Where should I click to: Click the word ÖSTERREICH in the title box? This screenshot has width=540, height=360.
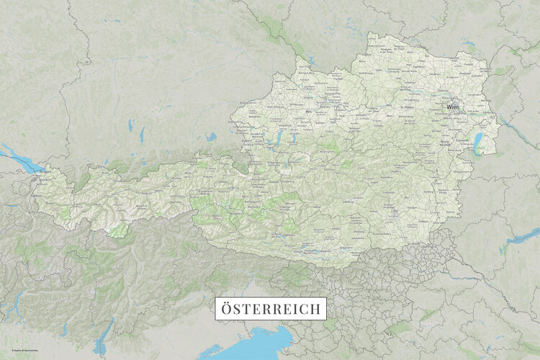click(271, 308)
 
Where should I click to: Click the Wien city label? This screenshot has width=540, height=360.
click(452, 107)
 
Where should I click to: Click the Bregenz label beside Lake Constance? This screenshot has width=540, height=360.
click(45, 173)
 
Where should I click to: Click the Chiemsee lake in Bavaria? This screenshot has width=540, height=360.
click(211, 137)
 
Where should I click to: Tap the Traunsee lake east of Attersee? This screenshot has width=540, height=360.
click(294, 138)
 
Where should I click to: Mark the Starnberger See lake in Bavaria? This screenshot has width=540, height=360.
click(142, 135)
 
